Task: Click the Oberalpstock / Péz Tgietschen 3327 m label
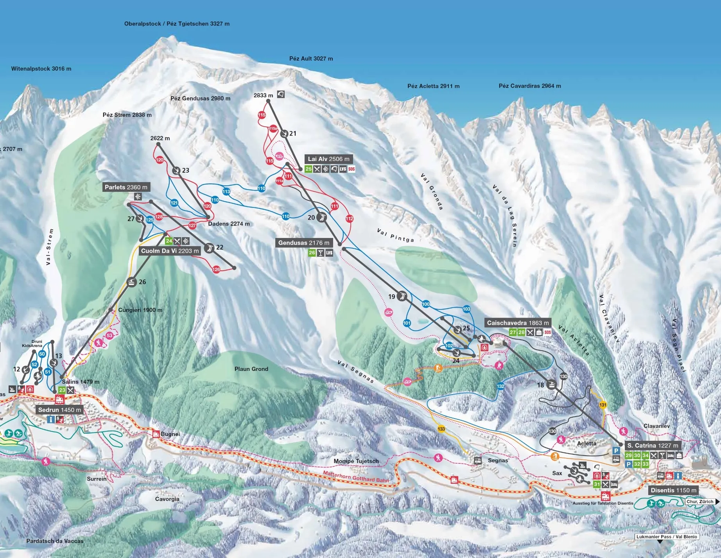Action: click(x=177, y=23)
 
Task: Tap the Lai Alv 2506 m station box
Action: click(x=328, y=159)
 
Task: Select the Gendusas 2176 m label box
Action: click(x=304, y=243)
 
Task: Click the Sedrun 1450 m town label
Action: click(x=59, y=410)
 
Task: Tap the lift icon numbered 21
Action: click(x=284, y=134)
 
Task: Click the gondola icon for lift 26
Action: click(x=132, y=282)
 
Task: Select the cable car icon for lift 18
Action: click(x=551, y=385)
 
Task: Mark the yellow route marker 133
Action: click(x=441, y=429)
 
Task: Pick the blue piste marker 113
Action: click(x=226, y=191)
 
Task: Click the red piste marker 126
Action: click(x=216, y=269)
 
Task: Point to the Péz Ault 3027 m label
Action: click(x=311, y=59)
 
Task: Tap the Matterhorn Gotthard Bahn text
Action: click(x=356, y=476)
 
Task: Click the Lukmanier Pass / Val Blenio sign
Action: click(x=666, y=537)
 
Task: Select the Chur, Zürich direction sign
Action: click(x=700, y=501)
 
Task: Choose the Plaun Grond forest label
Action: click(x=251, y=369)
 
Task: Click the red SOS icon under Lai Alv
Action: click(x=352, y=169)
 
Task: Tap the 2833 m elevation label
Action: click(x=263, y=95)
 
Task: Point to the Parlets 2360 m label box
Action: click(x=126, y=187)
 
